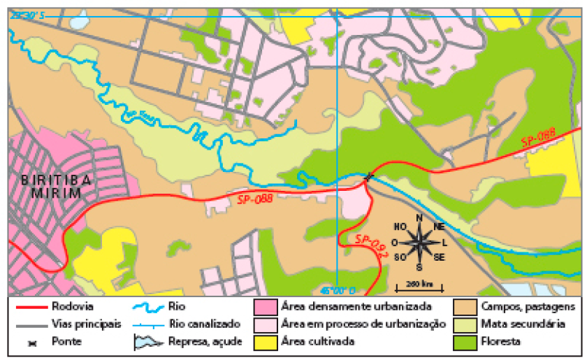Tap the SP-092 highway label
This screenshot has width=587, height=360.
pos(370,247)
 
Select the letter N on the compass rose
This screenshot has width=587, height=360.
pos(419,217)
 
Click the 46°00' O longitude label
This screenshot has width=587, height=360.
pos(338,290)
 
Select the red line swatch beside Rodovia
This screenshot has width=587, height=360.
pos(29,306)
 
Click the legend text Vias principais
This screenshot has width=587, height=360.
pos(86,324)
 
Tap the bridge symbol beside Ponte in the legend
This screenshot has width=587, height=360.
pos(29,343)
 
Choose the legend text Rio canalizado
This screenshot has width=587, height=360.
pos(204,324)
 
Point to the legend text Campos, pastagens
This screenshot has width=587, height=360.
pos(528,306)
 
